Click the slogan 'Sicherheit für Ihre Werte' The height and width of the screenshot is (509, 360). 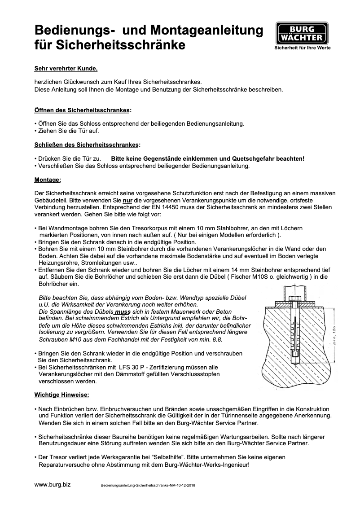[x=303, y=48]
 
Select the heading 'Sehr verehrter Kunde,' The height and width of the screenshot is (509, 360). [x=66, y=69]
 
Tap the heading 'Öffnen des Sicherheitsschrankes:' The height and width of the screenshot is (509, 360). [x=83, y=110]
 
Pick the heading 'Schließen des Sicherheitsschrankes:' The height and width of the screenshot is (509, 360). [x=87, y=145]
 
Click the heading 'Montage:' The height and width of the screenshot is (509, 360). [x=48, y=180]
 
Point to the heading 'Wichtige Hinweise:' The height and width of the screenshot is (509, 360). [x=62, y=395]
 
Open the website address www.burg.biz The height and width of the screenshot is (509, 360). [x=53, y=485]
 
